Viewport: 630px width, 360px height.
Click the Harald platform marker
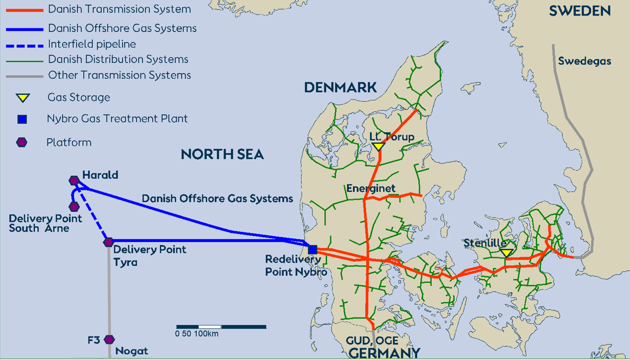click(74, 180)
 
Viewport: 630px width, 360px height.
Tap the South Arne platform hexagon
click(74, 207)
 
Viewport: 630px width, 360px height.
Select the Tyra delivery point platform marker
click(109, 242)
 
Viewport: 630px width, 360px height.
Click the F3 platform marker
click(110, 340)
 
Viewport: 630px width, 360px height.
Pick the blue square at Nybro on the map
click(313, 249)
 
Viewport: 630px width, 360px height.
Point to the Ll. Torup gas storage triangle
click(378, 147)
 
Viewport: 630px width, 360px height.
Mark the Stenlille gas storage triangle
click(506, 253)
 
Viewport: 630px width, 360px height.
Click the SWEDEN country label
click(580, 11)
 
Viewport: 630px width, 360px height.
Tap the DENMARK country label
click(340, 88)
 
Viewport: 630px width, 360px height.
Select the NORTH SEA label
click(222, 155)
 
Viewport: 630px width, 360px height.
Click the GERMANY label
click(384, 353)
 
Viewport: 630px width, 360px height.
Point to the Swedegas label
click(584, 61)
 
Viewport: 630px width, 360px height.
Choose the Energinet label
click(371, 189)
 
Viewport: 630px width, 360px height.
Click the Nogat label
click(132, 351)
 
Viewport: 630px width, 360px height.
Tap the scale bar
click(221, 327)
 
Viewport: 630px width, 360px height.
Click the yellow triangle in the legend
click(22, 98)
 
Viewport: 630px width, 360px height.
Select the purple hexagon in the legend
click(22, 142)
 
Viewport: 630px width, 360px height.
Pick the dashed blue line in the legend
click(25, 45)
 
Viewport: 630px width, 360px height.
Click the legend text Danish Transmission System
click(119, 9)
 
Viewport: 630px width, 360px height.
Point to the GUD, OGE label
click(372, 341)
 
